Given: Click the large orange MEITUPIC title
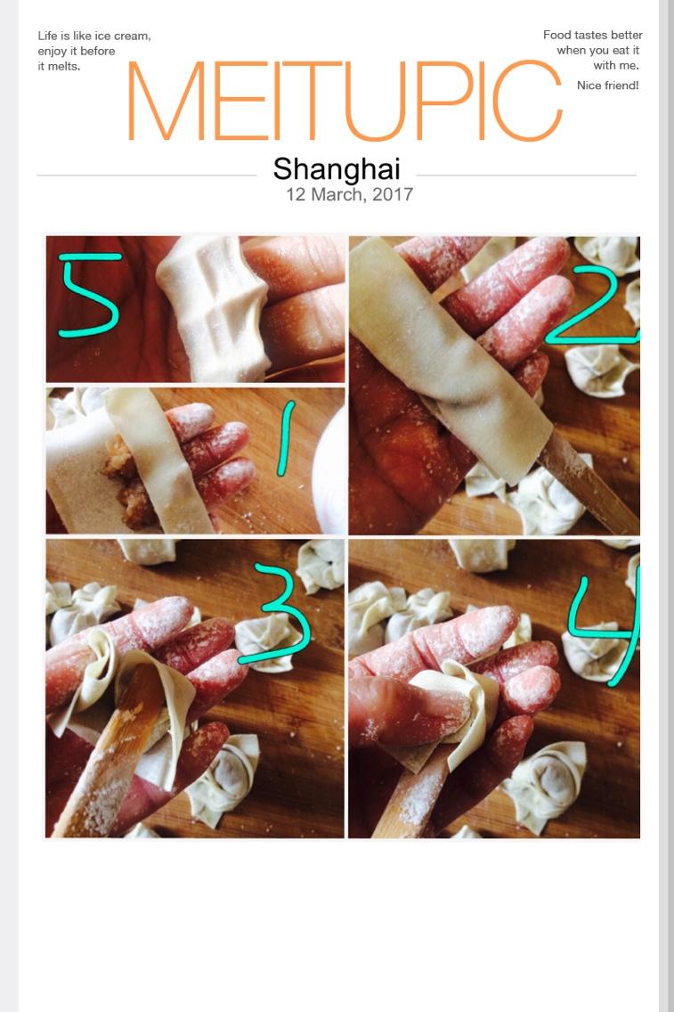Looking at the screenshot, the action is [x=345, y=101].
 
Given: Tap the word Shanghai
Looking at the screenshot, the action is [x=337, y=169].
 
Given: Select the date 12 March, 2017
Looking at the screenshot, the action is [x=350, y=194].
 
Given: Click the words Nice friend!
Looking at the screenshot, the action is [x=607, y=86].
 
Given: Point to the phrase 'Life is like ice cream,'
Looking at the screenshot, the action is [x=94, y=37].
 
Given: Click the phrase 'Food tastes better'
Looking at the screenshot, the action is [x=593, y=35].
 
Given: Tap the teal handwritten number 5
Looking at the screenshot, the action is [x=89, y=294].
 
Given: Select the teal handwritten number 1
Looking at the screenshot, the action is [x=285, y=438].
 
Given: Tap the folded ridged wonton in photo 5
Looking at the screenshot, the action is [x=213, y=308].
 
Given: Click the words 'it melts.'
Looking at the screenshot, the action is [x=59, y=66].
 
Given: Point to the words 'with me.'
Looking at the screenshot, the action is [x=616, y=65].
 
